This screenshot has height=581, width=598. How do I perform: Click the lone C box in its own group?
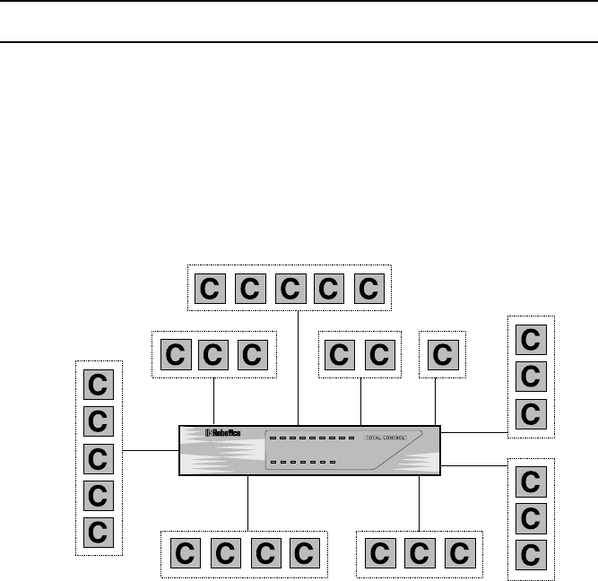[442, 354]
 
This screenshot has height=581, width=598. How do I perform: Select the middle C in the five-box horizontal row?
[290, 289]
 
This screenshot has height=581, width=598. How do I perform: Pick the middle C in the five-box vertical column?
[99, 458]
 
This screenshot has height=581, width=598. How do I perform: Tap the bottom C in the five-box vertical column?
[99, 531]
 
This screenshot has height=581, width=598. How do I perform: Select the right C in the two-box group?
[380, 354]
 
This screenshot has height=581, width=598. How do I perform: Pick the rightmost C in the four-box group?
[304, 552]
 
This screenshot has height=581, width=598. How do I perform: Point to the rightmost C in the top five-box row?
[368, 289]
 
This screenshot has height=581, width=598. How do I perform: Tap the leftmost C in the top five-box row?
[211, 289]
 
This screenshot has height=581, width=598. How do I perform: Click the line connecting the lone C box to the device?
[435, 402]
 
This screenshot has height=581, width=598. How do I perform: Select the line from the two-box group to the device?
[360, 401]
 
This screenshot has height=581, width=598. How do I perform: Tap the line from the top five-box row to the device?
[297, 368]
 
